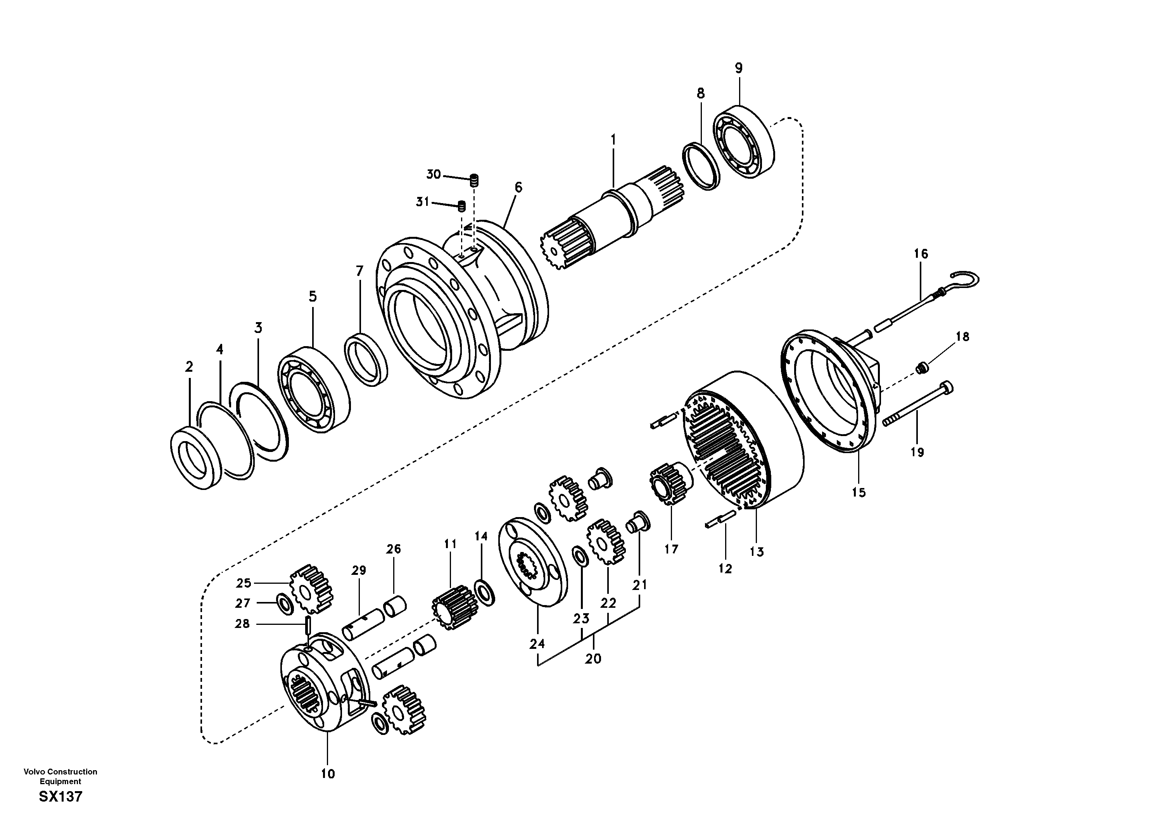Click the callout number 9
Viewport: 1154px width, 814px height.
pyautogui.click(x=738, y=68)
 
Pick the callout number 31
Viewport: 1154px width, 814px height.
pyautogui.click(x=422, y=202)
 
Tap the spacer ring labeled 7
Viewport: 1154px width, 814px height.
pyautogui.click(x=365, y=359)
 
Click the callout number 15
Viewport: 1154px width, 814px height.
pyautogui.click(x=859, y=492)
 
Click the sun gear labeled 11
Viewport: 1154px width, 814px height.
pyautogui.click(x=454, y=608)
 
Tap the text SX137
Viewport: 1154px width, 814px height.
pyautogui.click(x=60, y=797)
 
